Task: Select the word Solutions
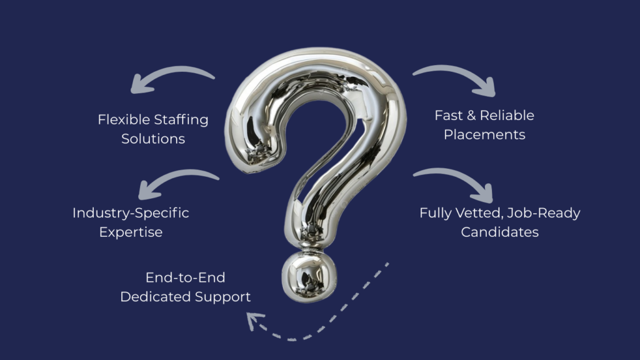pyautogui.click(x=153, y=139)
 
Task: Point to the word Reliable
pyautogui.click(x=507, y=115)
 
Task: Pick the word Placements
pyautogui.click(x=484, y=134)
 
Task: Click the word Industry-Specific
pyautogui.click(x=131, y=212)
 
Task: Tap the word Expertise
pyautogui.click(x=131, y=232)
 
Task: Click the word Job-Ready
pyautogui.click(x=543, y=213)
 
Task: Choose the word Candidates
pyautogui.click(x=500, y=232)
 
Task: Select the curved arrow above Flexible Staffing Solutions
pyautogui.click(x=169, y=78)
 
